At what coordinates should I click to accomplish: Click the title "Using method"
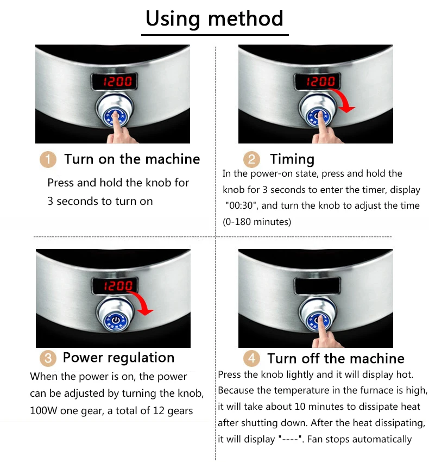pos(214,19)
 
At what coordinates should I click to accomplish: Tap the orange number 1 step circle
pos(48,160)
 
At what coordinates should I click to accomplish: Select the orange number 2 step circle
pos(251,160)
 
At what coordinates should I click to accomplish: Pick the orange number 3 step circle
pos(48,358)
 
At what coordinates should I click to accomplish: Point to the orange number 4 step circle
pos(251,359)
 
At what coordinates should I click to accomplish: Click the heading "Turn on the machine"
pos(132,159)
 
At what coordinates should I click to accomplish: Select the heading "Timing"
pos(292,159)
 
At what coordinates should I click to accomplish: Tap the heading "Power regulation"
pos(118,358)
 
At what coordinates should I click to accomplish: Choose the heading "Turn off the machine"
pos(336,359)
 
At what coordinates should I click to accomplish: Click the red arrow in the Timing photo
pos(342,102)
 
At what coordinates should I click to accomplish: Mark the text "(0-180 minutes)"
pos(257,222)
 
